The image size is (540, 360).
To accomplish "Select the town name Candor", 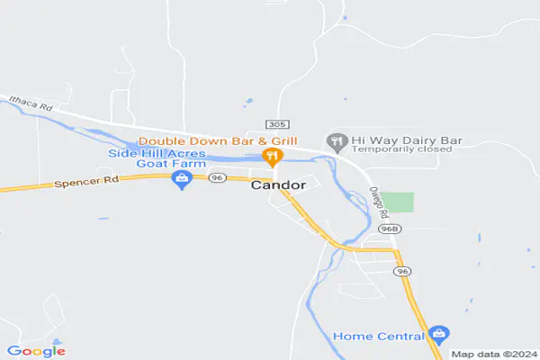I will point(278,185).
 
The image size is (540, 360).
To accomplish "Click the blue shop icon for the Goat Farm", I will point(183,180).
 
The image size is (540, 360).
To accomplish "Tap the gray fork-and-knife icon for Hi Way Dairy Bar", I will point(337,141).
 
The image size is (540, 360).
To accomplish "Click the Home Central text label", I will point(378,337).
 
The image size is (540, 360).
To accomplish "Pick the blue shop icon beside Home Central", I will point(438,335).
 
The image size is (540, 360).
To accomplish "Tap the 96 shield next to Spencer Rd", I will point(216,178).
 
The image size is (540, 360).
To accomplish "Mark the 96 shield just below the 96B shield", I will point(402,271).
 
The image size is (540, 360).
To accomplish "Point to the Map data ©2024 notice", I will point(494,354).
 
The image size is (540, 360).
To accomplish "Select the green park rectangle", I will point(401,202).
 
